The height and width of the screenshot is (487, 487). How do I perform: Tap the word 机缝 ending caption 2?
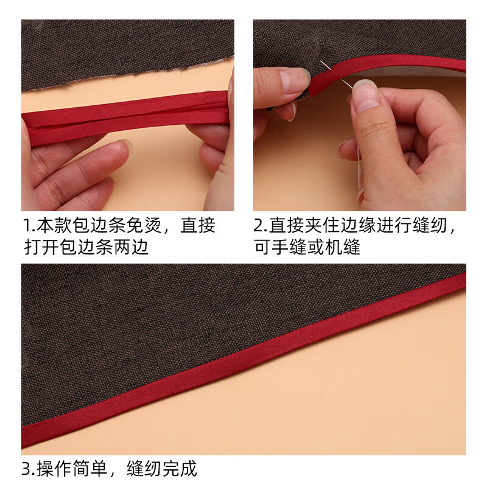345,247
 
